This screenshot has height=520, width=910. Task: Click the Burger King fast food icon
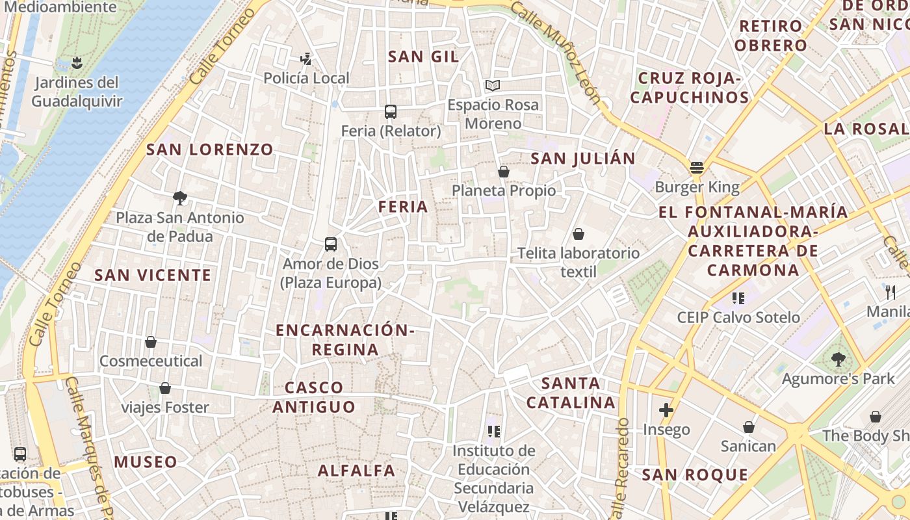(697, 168)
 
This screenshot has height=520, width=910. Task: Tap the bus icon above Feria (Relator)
(391, 112)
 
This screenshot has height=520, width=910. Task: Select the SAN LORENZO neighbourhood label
(209, 149)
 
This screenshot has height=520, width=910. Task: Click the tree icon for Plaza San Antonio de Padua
(180, 198)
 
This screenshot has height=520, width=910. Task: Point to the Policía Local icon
(305, 59)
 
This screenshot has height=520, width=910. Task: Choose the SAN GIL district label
(423, 57)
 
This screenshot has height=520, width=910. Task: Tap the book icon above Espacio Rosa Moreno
(493, 85)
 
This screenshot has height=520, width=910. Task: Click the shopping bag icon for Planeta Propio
(503, 172)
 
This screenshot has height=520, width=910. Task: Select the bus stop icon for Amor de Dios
(331, 244)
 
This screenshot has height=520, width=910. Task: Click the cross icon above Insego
(666, 410)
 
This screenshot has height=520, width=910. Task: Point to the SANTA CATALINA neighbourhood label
(571, 393)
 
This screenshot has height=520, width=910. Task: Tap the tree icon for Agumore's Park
(838, 359)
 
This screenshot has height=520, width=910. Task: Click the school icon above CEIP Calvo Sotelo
(738, 298)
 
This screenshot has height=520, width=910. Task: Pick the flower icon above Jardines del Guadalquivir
(77, 63)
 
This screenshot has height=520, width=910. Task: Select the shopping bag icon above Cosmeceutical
(151, 342)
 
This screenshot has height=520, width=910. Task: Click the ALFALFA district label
(356, 471)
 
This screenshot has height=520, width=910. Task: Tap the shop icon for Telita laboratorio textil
(578, 234)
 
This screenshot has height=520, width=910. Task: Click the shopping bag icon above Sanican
(748, 427)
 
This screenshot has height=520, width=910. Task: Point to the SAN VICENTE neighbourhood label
(153, 275)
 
